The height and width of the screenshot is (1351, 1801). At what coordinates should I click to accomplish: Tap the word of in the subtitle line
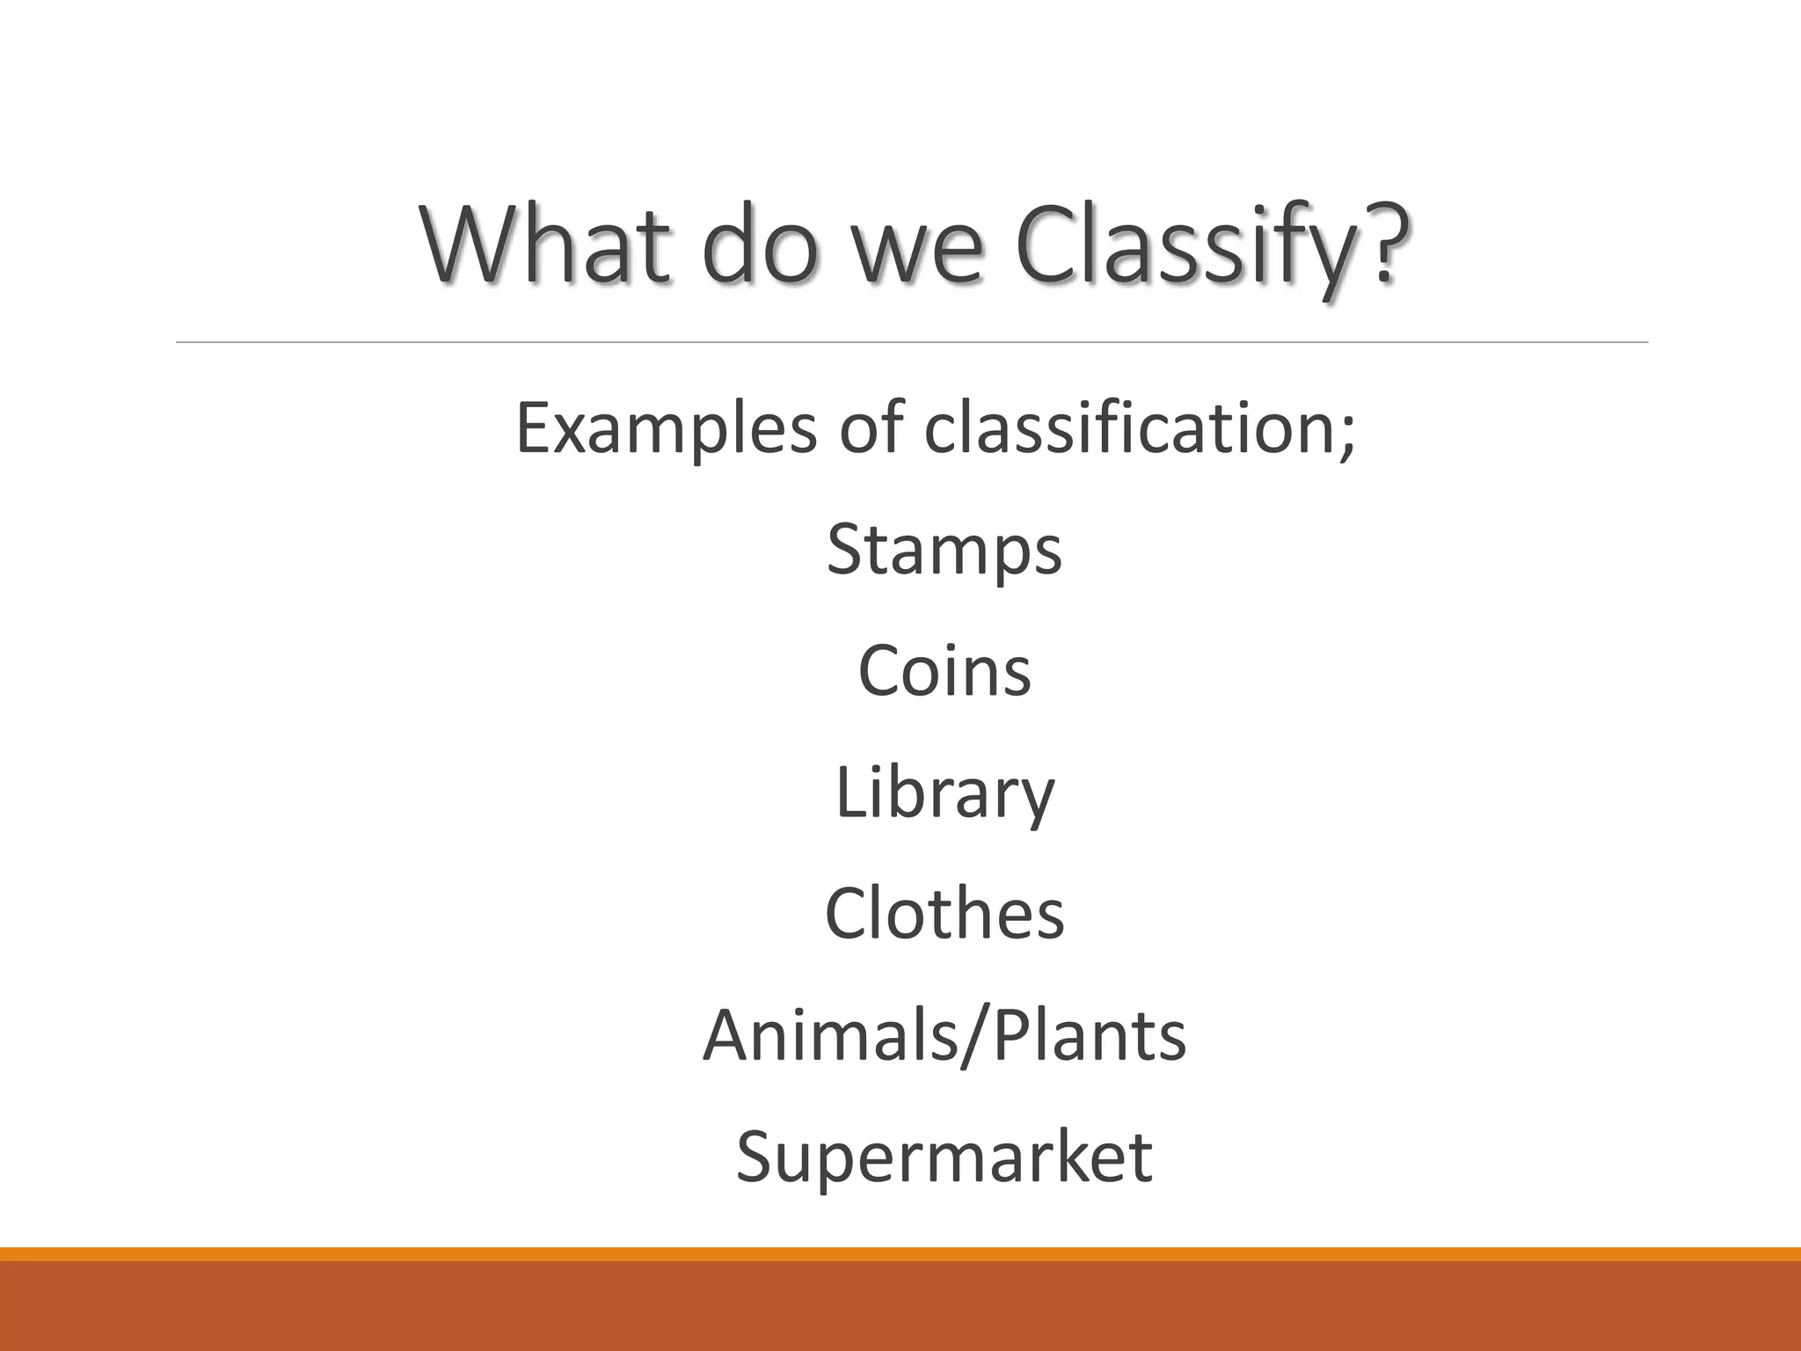(871, 427)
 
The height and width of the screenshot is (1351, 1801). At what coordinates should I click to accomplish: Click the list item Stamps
(944, 551)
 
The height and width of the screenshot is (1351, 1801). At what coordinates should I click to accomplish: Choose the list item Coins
(944, 671)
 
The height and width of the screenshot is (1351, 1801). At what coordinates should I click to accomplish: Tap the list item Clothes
(944, 914)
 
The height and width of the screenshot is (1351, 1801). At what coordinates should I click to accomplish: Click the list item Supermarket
(944, 1157)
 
